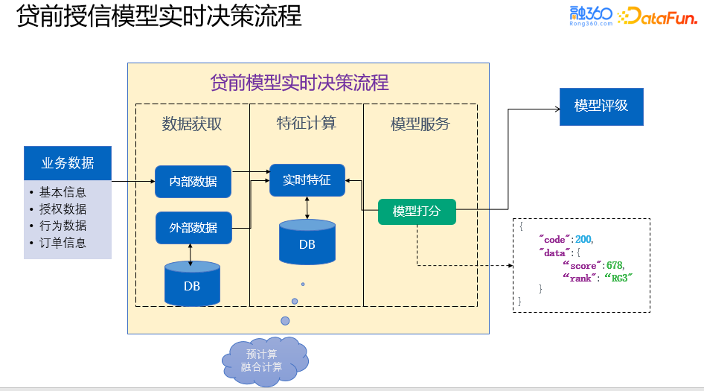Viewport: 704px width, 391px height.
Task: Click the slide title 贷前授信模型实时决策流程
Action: point(159,16)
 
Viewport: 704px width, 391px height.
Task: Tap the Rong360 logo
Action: point(590,16)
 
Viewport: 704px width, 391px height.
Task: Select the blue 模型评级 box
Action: point(601,106)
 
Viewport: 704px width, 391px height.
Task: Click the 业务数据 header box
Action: point(68,163)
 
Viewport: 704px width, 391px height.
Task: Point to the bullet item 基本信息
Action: point(63,192)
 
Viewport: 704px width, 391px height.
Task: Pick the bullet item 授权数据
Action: point(63,209)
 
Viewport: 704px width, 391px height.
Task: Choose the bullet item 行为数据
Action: point(63,226)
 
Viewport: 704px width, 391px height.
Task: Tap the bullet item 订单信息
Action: point(63,243)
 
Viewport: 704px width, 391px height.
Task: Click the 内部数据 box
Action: point(193,182)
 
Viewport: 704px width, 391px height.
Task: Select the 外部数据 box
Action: point(193,228)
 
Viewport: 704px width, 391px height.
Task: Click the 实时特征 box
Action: point(307,180)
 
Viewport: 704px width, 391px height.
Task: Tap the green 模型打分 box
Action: point(417,212)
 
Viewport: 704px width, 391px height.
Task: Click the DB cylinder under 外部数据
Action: point(192,284)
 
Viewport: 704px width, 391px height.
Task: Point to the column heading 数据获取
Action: point(192,124)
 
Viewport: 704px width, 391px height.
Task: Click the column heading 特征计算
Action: point(306,123)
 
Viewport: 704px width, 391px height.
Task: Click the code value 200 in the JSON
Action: point(584,238)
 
